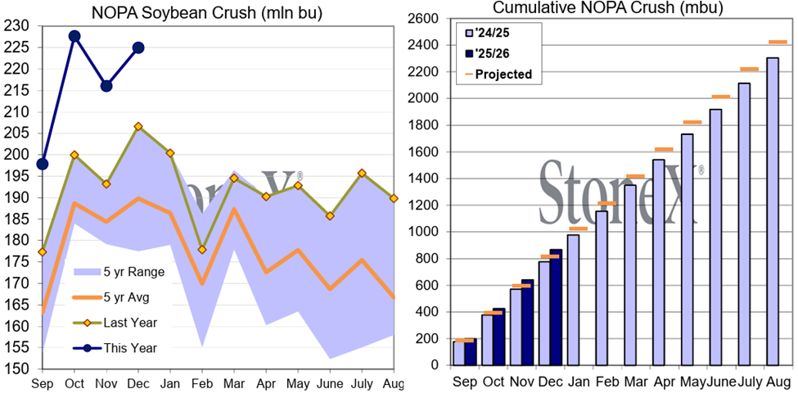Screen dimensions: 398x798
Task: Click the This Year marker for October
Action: point(74,36)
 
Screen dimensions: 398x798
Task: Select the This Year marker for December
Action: point(138,47)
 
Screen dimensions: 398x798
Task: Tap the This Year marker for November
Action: point(106,86)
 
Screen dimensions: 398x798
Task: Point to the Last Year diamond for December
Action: point(138,126)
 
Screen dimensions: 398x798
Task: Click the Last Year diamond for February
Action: point(202,249)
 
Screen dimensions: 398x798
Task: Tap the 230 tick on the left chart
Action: point(18,26)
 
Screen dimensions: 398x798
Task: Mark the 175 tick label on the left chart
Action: point(18,240)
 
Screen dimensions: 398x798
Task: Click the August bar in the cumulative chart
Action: point(772,211)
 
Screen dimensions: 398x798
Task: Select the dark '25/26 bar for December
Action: point(555,308)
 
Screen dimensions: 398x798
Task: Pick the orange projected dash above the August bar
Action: point(778,42)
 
